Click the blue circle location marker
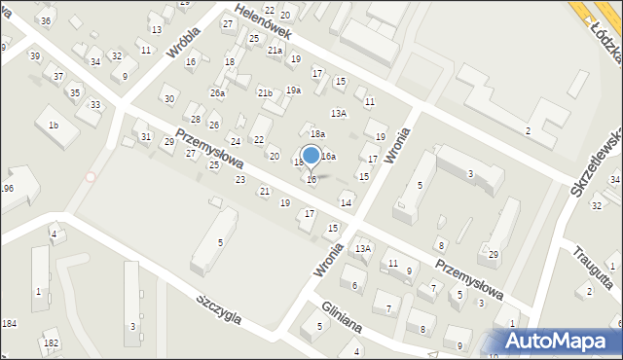[x=311, y=156]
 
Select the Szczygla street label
[x=230, y=312]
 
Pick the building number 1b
[x=54, y=126]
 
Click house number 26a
[x=218, y=93]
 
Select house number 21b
[x=265, y=92]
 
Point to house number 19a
[x=293, y=90]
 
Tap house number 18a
[x=316, y=133]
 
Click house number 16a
[x=329, y=156]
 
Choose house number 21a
[x=275, y=51]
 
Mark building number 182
[x=51, y=343]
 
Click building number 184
[x=10, y=323]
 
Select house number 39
[x=35, y=56]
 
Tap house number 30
[x=169, y=99]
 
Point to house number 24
[x=235, y=142]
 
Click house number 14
[x=346, y=202]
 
